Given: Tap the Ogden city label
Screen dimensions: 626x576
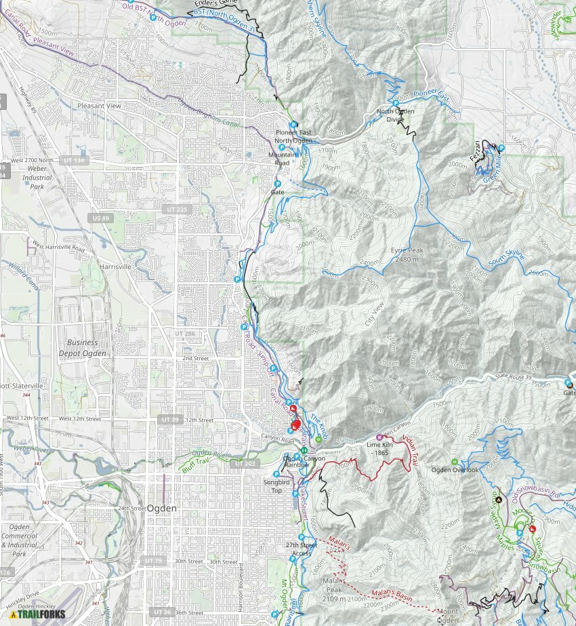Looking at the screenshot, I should [162, 508].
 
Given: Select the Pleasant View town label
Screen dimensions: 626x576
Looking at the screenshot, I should [99, 106].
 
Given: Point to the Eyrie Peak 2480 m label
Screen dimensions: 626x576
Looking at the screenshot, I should [407, 254].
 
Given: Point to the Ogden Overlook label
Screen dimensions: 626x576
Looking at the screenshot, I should [455, 470].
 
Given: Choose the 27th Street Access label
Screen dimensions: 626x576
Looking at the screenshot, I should [301, 549].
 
